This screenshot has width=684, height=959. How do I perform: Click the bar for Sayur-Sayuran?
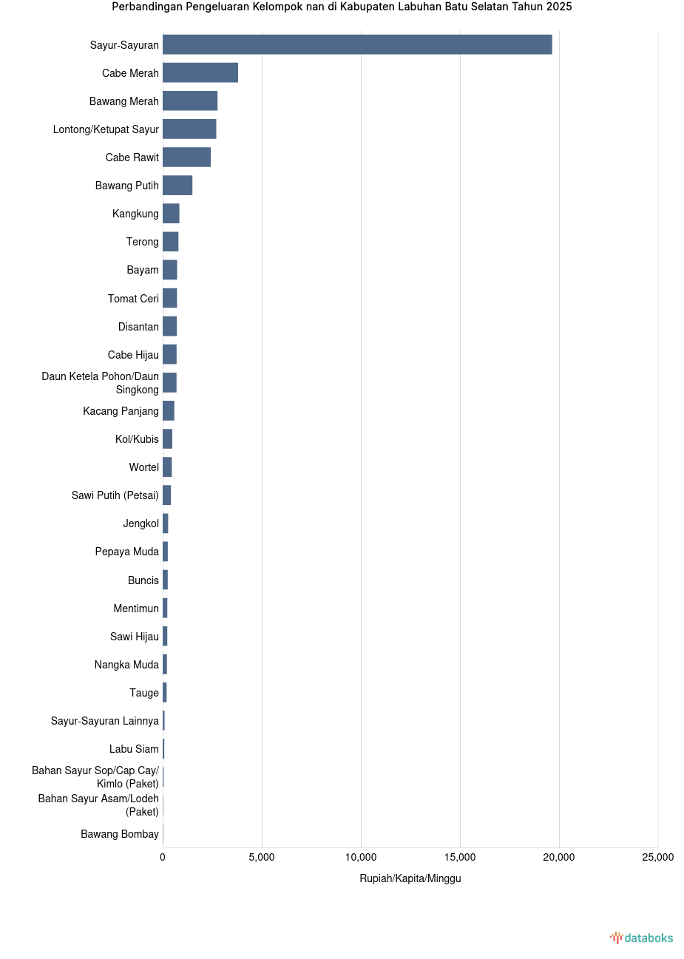click(x=357, y=44)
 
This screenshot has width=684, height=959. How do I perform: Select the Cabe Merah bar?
click(x=200, y=72)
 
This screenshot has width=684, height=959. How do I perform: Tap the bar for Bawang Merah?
click(x=190, y=101)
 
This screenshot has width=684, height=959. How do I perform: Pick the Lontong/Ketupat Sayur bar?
click(x=189, y=129)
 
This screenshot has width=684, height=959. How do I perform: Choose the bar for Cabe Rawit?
click(x=186, y=157)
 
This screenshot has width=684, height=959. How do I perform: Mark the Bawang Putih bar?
click(x=177, y=186)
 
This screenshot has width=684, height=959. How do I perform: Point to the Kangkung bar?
click(x=171, y=214)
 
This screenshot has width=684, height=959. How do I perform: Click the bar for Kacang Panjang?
click(x=169, y=410)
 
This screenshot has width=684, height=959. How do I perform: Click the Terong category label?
click(x=142, y=242)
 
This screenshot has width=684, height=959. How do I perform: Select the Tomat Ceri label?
click(x=133, y=299)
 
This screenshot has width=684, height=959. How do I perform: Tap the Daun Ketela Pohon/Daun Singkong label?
click(x=100, y=383)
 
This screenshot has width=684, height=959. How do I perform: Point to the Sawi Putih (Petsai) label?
click(x=115, y=495)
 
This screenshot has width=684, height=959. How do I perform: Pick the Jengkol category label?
click(x=140, y=523)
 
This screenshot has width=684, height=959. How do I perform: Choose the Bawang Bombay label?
click(x=120, y=834)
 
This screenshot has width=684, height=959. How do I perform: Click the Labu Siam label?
click(x=134, y=749)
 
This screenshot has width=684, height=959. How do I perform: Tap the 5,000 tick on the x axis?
click(x=262, y=857)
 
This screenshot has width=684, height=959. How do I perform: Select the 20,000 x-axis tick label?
click(x=559, y=857)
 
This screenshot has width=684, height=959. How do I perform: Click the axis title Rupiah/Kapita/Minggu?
click(x=410, y=878)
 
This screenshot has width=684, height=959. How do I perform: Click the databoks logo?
click(x=642, y=938)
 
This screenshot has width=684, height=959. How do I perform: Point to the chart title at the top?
click(x=342, y=7)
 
